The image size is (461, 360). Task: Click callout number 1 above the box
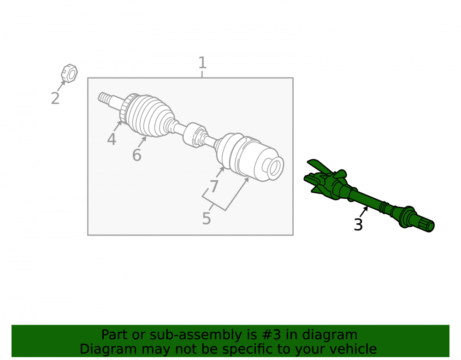tap(202, 63)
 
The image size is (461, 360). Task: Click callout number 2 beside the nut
tap(55, 98)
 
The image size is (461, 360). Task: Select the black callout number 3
tap(358, 224)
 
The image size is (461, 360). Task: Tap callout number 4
tap(112, 139)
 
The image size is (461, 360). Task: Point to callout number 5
tap(207, 218)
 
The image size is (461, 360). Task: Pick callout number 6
tap(137, 155)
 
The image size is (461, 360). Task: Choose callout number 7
tap(214, 186)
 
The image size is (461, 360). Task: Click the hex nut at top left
tap(70, 73)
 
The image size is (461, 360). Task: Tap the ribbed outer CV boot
tap(150, 116)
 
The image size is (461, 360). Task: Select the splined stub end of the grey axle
tap(103, 98)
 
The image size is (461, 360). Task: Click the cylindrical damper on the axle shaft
tap(195, 135)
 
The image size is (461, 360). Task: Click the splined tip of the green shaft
tap(427, 226)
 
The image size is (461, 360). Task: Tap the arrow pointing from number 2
tap(61, 86)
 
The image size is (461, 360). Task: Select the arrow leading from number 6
tap(142, 142)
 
